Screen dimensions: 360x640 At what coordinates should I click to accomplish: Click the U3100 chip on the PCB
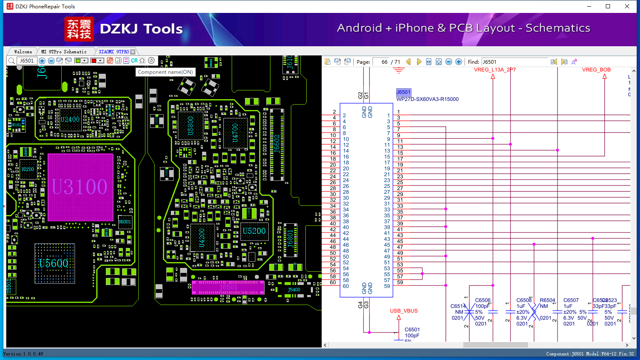(80, 187)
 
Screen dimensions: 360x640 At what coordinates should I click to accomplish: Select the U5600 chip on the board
(54, 263)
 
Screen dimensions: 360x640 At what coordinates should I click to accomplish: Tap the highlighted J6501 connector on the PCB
(228, 287)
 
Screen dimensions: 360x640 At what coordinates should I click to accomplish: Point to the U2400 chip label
(70, 119)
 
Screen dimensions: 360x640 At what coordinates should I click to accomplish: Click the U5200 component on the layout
(254, 231)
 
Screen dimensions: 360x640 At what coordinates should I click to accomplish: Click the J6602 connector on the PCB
(277, 144)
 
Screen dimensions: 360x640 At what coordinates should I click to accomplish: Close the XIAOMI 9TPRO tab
(132, 52)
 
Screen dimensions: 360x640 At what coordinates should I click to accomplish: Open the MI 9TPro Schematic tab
(64, 52)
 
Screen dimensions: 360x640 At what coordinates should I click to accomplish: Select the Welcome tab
(23, 52)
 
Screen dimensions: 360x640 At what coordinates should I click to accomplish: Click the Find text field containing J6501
(515, 62)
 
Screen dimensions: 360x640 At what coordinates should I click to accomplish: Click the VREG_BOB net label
(596, 70)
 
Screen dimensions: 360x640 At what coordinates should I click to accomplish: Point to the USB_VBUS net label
(404, 311)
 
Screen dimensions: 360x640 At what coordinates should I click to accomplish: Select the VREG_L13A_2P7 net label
(495, 70)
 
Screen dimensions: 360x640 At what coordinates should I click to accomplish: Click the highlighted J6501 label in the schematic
(403, 92)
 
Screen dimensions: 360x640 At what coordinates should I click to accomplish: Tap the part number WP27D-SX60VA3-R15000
(427, 99)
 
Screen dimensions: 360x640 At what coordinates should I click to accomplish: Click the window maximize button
(608, 6)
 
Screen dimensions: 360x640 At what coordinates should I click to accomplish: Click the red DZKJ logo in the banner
(79, 29)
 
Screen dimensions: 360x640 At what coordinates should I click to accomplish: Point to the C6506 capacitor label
(483, 300)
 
